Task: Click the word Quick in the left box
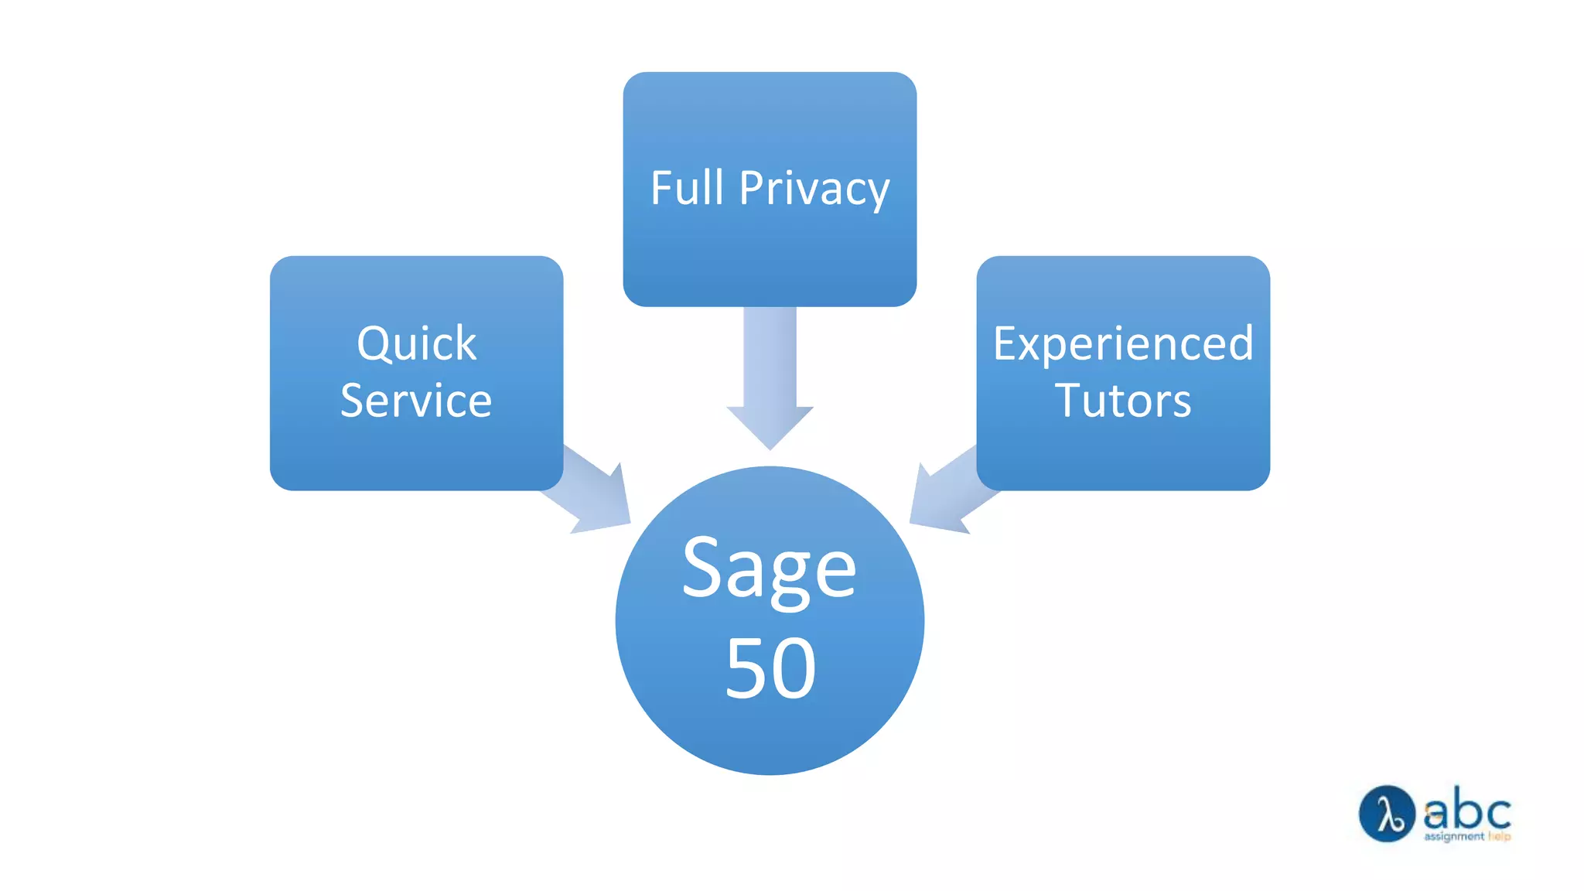(x=416, y=343)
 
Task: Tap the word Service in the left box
(x=416, y=401)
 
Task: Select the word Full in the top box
(x=687, y=188)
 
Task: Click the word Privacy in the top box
(x=814, y=189)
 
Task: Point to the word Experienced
(x=1123, y=343)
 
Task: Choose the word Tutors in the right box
(x=1123, y=401)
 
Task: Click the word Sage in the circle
(x=769, y=570)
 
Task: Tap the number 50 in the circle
(x=770, y=668)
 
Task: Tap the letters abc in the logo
(x=1467, y=811)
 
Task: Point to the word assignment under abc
(x=1454, y=836)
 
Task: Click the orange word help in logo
(x=1499, y=836)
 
